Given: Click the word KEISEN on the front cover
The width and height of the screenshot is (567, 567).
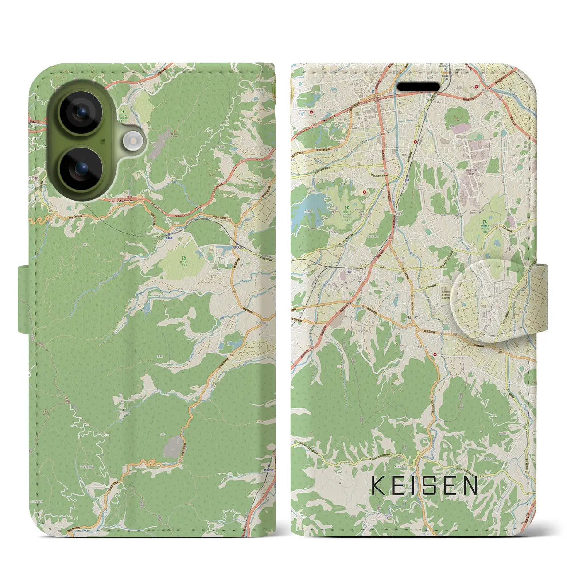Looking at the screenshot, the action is coord(424,485).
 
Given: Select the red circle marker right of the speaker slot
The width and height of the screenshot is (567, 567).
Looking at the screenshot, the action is coord(478,87).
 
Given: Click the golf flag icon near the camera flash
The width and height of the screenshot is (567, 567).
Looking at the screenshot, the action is coord(120,117).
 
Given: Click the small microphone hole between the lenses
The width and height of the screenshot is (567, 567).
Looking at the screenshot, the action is coord(102,141).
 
